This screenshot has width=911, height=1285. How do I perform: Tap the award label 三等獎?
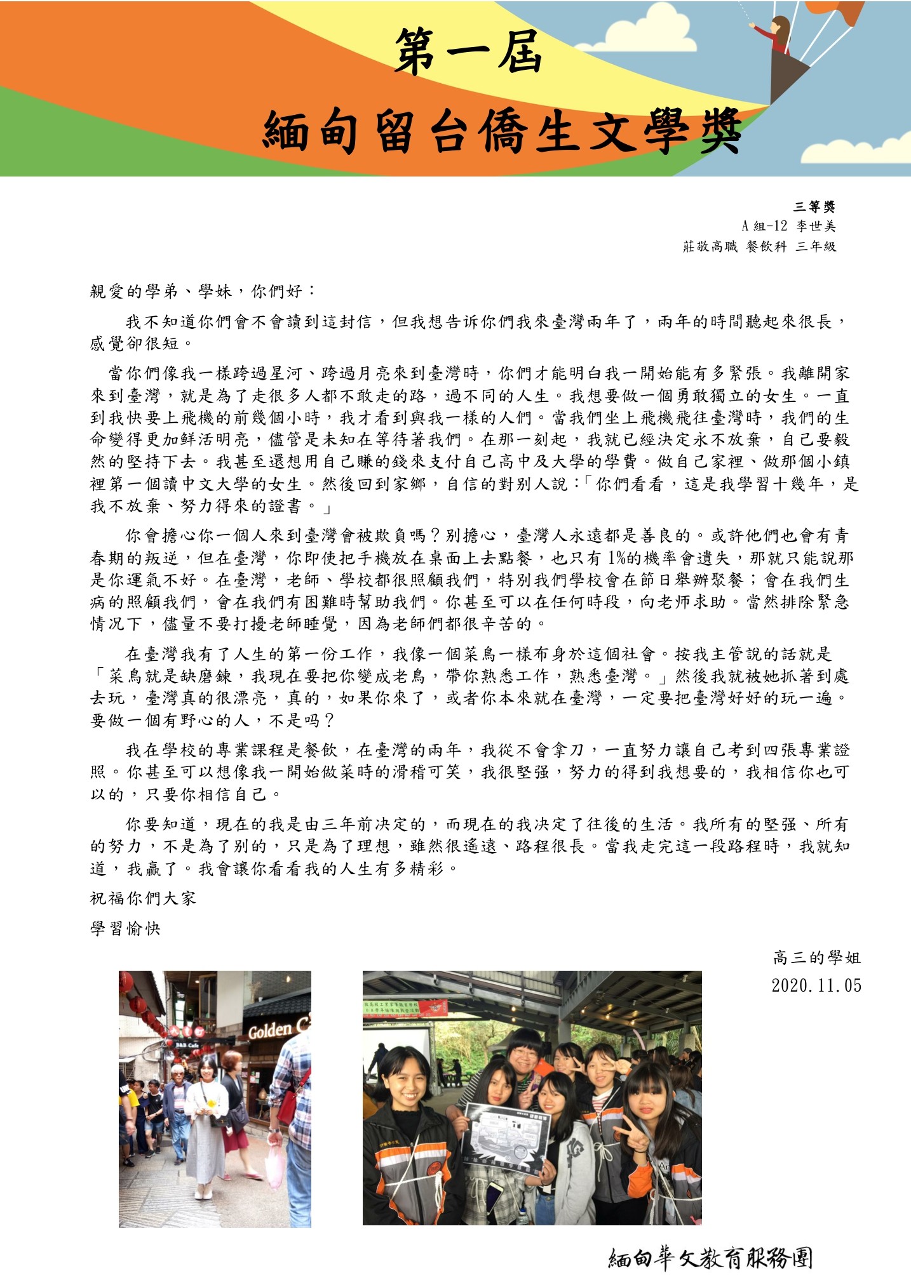tap(814, 206)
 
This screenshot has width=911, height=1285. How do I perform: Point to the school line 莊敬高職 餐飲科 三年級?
tap(759, 246)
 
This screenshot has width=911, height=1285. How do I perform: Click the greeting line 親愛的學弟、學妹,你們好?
tap(202, 291)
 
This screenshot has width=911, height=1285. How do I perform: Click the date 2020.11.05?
tap(816, 985)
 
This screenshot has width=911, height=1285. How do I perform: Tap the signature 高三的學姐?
tap(816, 957)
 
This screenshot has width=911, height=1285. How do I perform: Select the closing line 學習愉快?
tap(125, 928)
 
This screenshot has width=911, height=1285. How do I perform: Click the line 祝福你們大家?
tap(143, 898)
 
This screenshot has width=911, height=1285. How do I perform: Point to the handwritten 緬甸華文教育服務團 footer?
tap(710, 1258)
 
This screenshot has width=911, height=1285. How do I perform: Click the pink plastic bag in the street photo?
tap(274, 1169)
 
